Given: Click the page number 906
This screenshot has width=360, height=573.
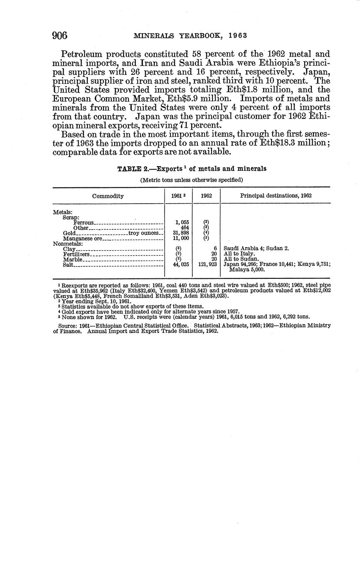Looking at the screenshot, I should click(x=60, y=35).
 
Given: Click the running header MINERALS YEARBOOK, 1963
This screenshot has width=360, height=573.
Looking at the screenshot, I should click(x=190, y=36).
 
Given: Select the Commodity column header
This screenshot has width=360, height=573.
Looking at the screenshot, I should click(x=108, y=196).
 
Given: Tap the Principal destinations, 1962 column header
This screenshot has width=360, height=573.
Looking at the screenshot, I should click(x=276, y=195).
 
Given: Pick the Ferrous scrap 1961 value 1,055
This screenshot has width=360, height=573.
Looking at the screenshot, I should click(x=181, y=222).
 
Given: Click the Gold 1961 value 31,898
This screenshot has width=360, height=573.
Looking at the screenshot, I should click(x=181, y=233).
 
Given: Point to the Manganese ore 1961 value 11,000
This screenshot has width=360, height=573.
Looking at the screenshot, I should click(x=181, y=239).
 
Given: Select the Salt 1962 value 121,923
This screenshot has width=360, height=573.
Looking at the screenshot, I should click(x=207, y=264).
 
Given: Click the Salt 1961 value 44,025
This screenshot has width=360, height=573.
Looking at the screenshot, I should click(x=181, y=264).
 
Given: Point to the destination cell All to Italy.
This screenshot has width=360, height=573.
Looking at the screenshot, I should click(x=239, y=253).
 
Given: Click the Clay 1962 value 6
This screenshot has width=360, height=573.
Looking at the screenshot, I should click(x=215, y=248).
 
